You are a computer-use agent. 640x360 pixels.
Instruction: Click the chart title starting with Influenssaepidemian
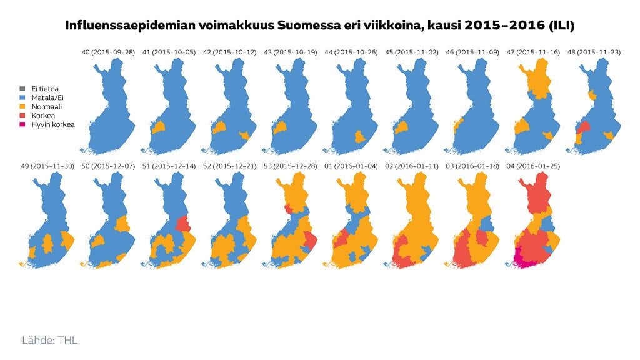click(x=320, y=26)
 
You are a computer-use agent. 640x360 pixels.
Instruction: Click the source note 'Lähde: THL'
click(x=50, y=341)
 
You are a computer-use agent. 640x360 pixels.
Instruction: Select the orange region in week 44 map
click(x=359, y=136)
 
